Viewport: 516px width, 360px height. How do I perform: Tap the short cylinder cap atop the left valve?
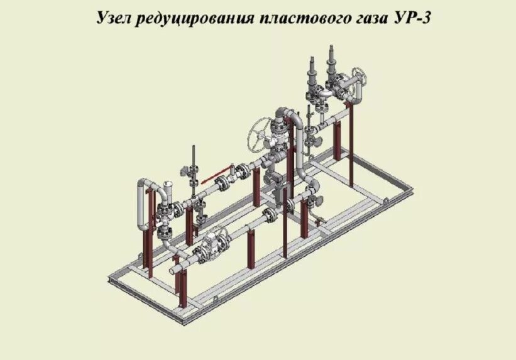(x=168, y=186)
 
